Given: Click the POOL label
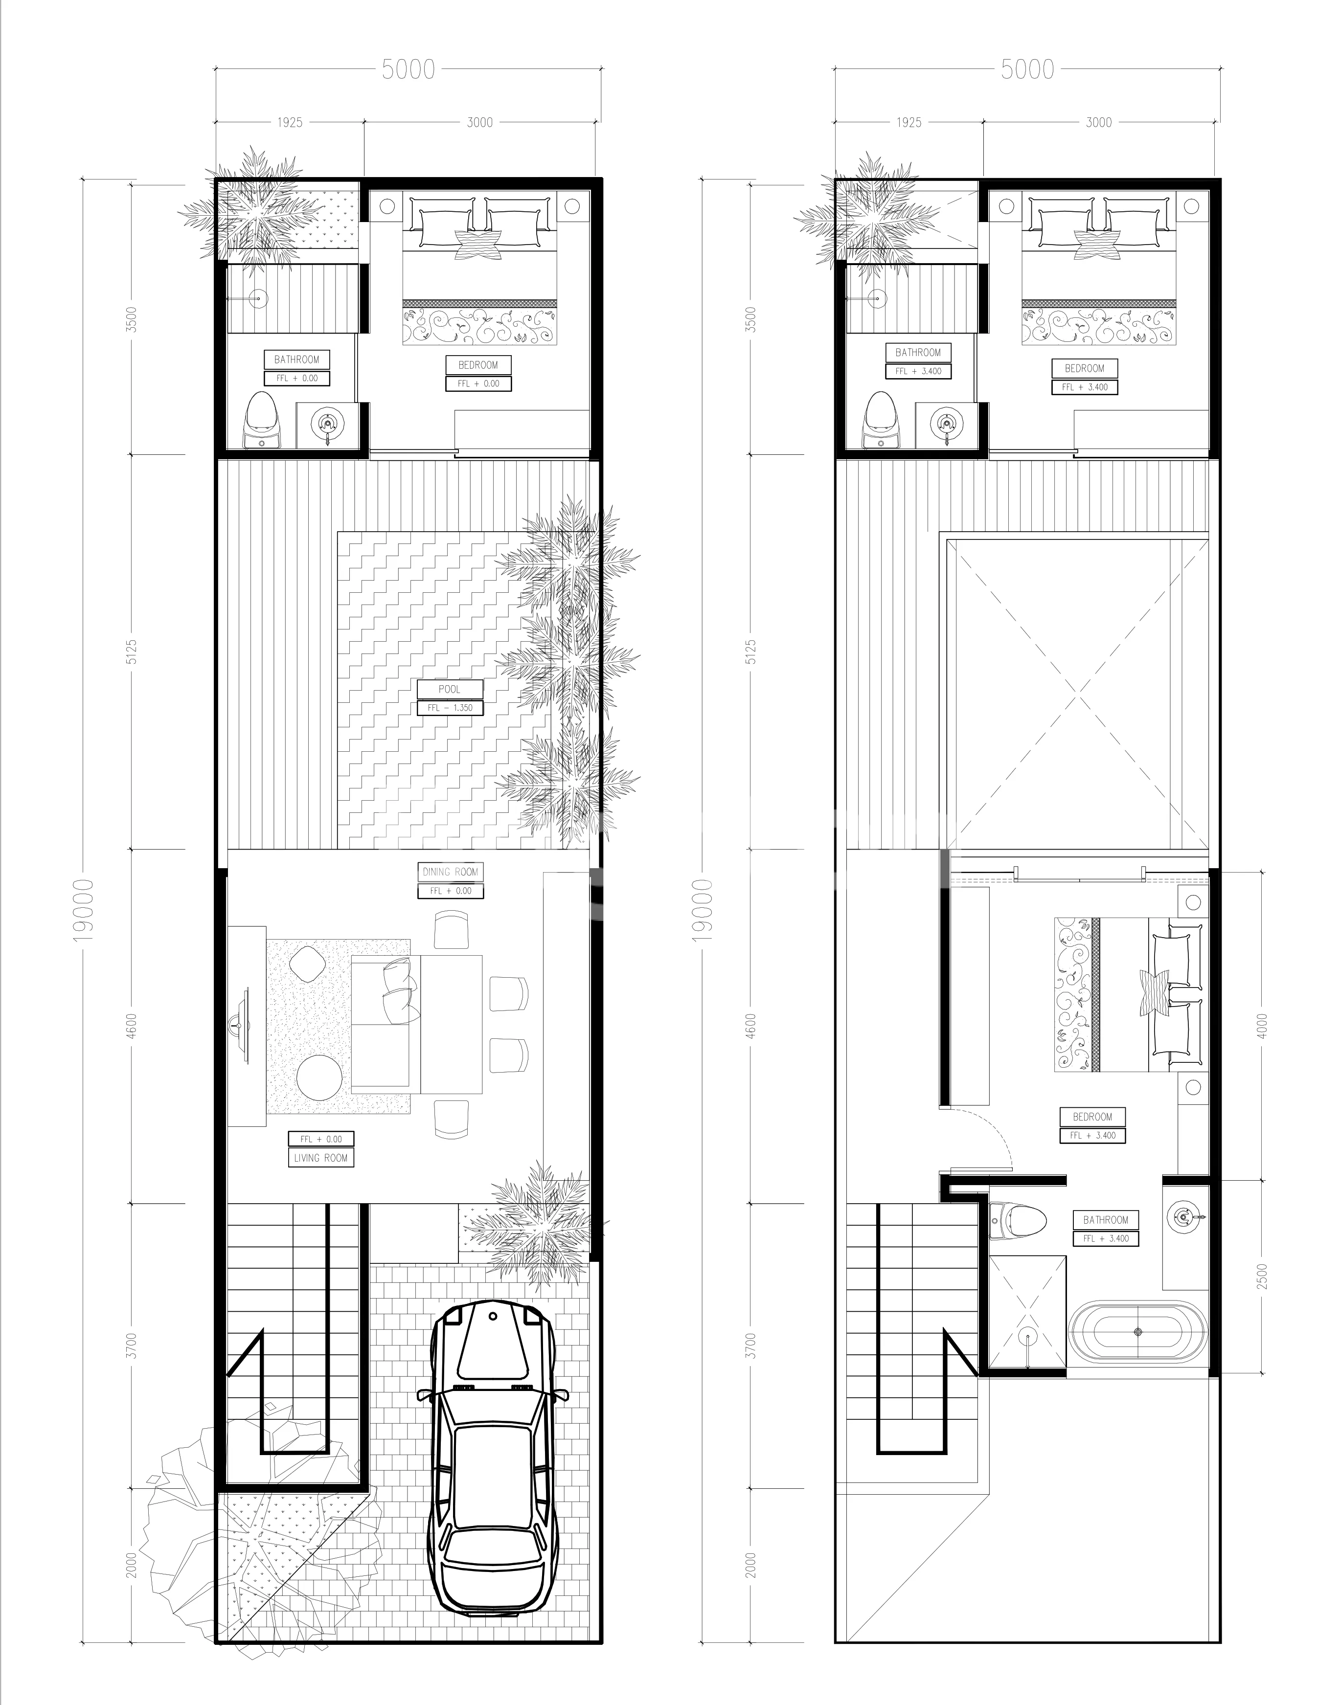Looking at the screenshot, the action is click(450, 689).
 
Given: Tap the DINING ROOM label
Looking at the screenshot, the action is click(450, 871).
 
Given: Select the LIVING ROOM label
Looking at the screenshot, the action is click(321, 1158).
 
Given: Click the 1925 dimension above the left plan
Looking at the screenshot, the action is click(290, 122).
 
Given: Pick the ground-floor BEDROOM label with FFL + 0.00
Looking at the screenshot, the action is click(478, 365).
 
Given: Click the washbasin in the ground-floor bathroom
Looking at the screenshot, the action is click(326, 424).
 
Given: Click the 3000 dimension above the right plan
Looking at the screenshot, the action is click(1098, 122).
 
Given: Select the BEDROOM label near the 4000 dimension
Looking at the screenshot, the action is click(1093, 1116).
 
